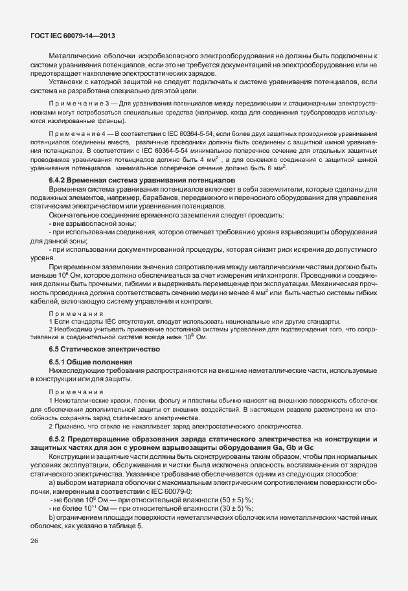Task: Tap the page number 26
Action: (x=34, y=541)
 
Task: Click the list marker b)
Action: (x=52, y=517)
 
